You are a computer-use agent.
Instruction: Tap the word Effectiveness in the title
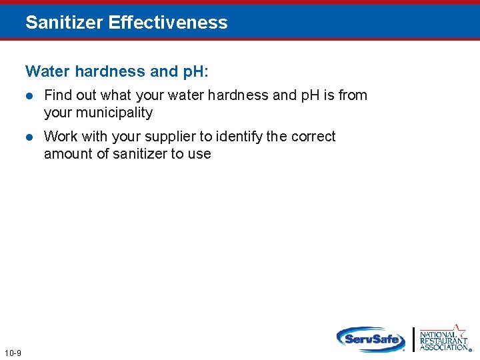(168, 23)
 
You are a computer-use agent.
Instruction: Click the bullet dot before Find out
(29, 96)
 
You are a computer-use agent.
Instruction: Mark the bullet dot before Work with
(29, 137)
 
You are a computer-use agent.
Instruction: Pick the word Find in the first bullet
(56, 95)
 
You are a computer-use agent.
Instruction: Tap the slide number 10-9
(12, 353)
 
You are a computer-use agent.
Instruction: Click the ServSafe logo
(371, 339)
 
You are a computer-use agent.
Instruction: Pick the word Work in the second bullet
(61, 137)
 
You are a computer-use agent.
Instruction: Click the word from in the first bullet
(353, 95)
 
